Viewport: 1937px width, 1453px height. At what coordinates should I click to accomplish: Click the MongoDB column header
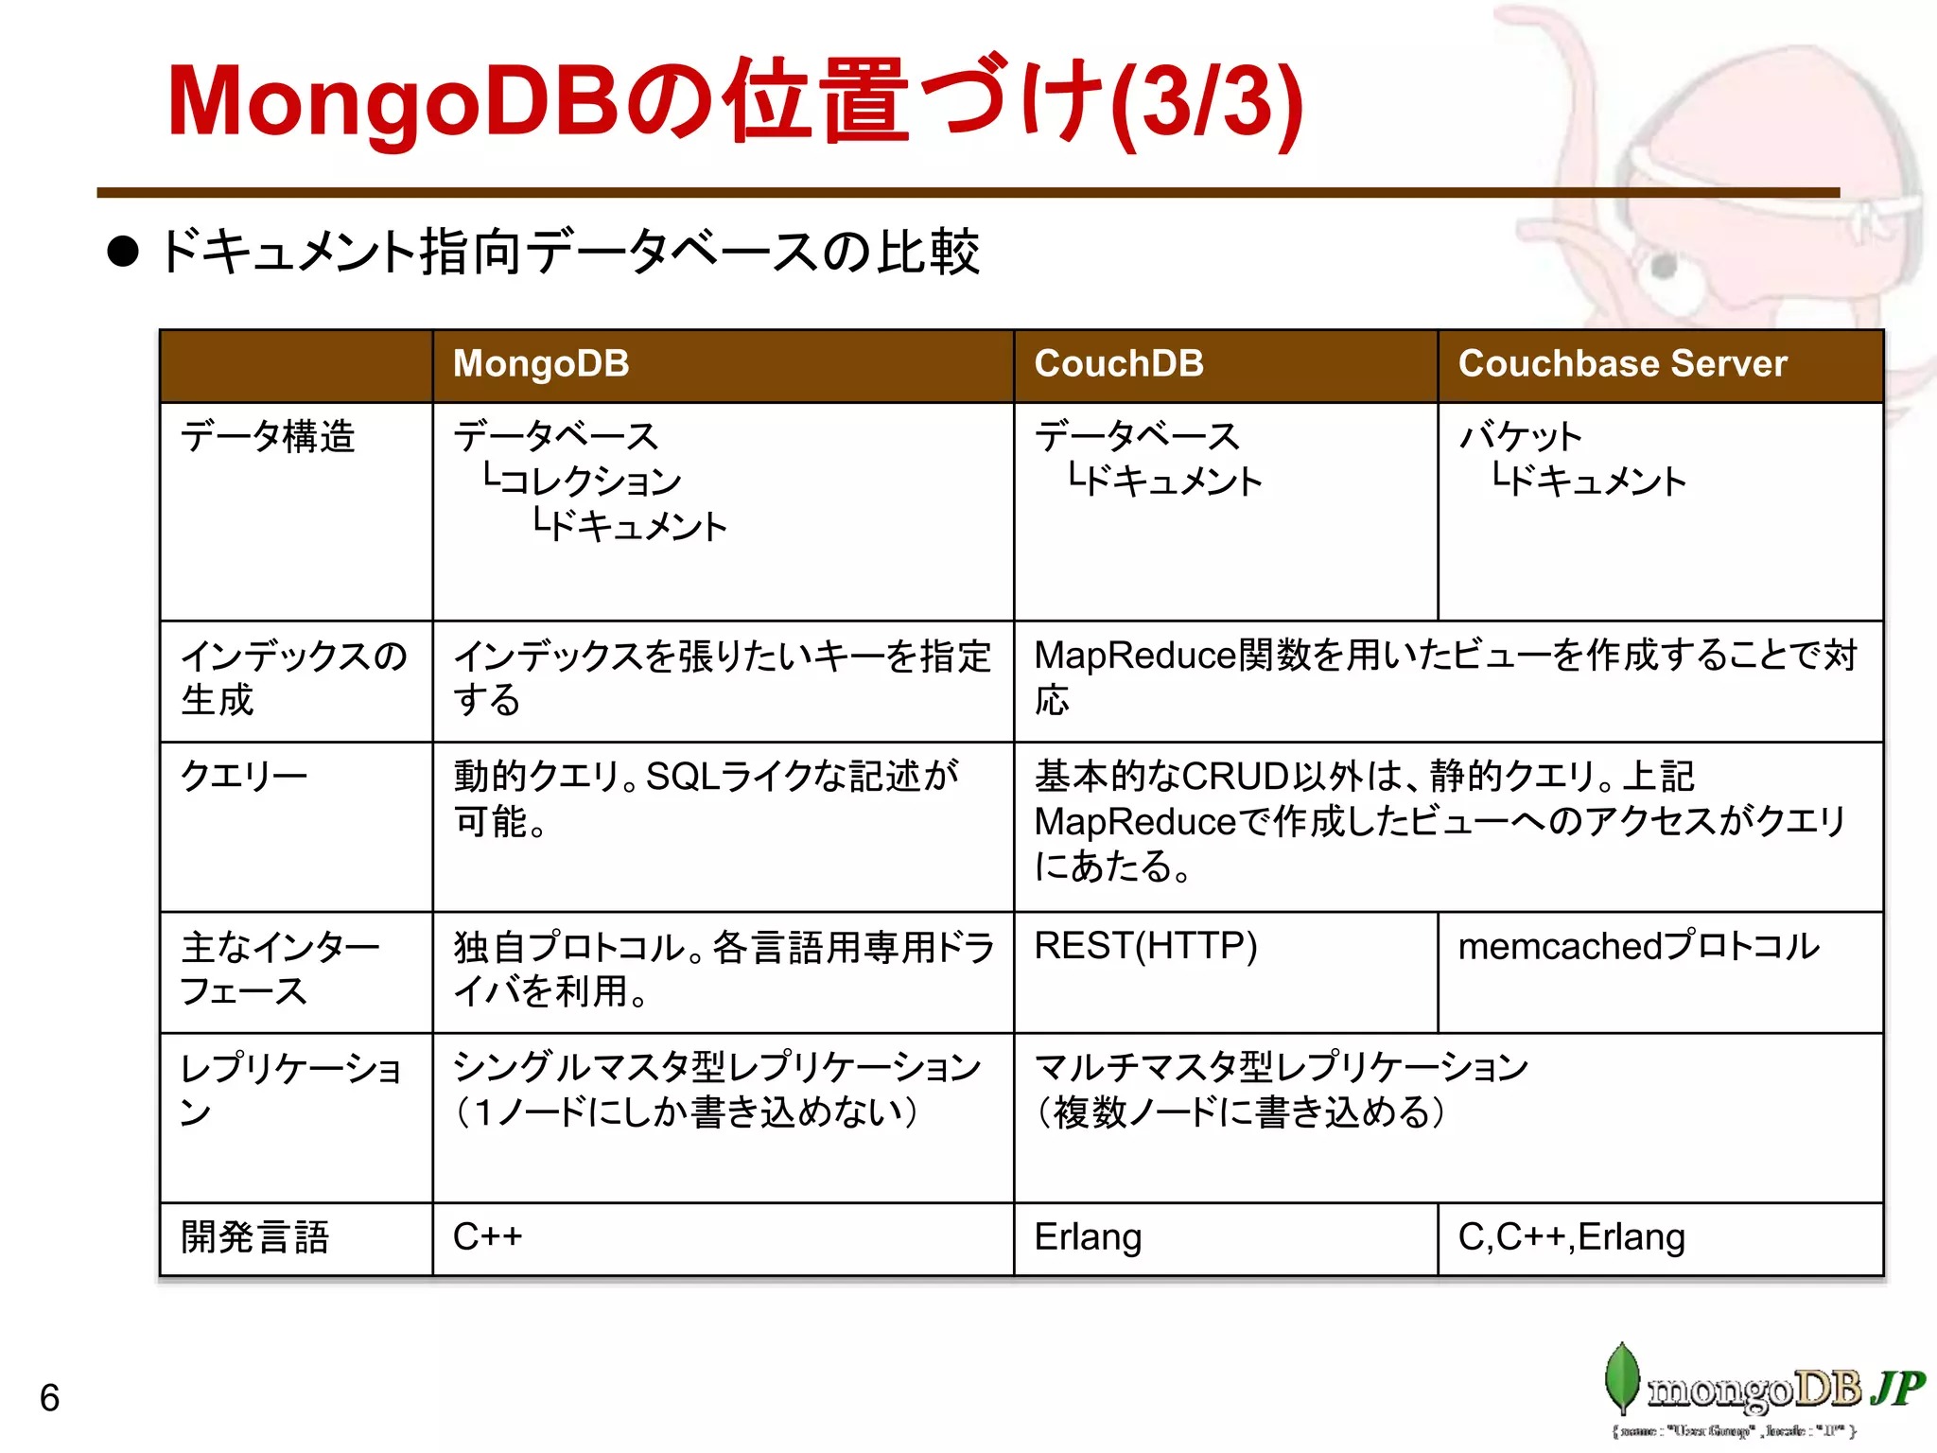click(541, 364)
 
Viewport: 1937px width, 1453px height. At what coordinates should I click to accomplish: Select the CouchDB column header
click(1119, 364)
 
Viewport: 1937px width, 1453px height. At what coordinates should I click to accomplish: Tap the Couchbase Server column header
click(1622, 364)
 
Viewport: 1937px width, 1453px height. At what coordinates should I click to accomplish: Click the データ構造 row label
click(268, 437)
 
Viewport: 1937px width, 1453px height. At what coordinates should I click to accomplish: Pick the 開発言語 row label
click(255, 1237)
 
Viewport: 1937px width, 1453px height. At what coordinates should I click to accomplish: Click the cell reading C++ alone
click(488, 1237)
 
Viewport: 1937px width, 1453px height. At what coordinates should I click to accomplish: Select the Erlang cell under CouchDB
click(1088, 1237)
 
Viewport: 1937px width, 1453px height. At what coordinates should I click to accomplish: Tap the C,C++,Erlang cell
click(1571, 1237)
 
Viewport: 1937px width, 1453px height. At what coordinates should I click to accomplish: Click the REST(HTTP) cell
click(1145, 946)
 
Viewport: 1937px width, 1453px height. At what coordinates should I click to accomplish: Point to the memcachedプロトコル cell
click(1638, 946)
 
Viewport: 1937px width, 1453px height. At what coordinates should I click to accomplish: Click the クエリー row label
click(244, 777)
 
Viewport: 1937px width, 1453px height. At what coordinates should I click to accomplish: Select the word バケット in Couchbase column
click(1520, 437)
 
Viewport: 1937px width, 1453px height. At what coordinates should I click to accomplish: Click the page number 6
click(50, 1398)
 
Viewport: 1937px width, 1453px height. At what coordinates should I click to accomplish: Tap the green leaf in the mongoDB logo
click(1622, 1377)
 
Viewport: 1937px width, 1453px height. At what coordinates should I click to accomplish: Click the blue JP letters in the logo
click(1896, 1388)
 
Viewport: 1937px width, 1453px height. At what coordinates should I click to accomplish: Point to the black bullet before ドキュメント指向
click(123, 252)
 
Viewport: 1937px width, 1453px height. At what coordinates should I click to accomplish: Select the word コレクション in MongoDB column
click(590, 481)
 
